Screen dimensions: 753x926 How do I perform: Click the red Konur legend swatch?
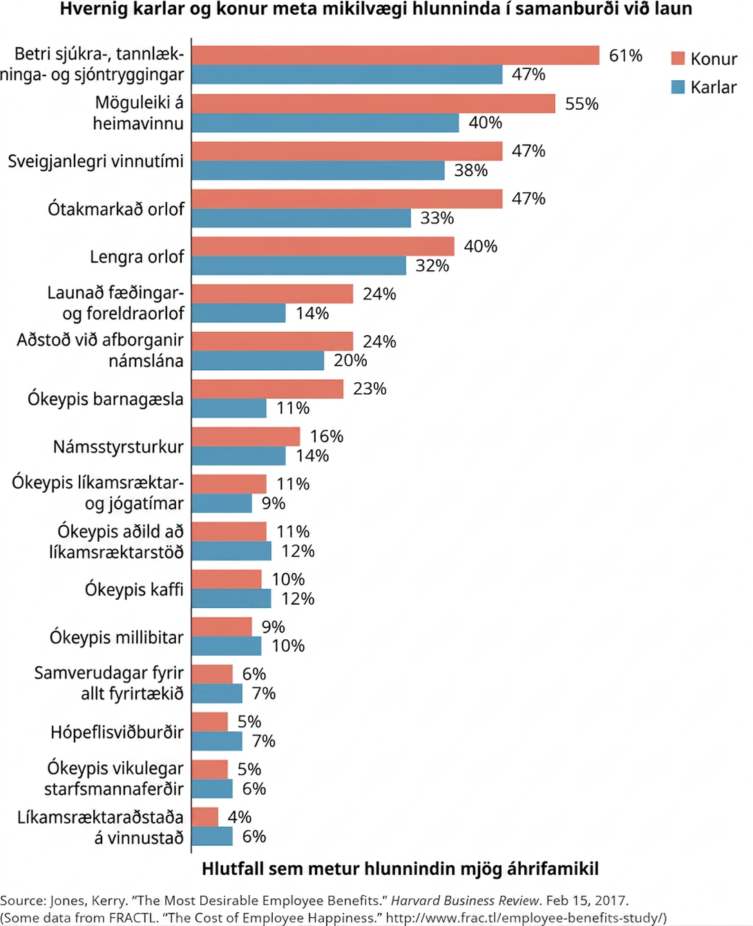678,58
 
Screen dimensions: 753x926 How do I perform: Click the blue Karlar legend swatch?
678,87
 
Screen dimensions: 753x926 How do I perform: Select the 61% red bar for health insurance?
395,55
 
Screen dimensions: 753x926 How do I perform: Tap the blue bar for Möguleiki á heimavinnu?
325,122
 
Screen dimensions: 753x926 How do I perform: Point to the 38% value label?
470,170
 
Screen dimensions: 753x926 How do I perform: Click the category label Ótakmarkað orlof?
116,209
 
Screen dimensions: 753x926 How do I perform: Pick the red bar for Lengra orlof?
323,246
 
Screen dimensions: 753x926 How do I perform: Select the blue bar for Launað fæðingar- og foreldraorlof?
238,312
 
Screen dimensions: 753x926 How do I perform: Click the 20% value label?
350,360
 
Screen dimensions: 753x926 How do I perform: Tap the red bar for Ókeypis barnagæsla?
267,388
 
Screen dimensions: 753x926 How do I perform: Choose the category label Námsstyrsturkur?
118,446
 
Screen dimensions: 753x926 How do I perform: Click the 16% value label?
326,436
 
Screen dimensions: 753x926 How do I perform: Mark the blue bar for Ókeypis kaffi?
231,598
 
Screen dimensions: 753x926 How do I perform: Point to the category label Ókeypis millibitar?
117,637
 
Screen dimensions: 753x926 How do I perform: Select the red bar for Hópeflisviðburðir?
209,721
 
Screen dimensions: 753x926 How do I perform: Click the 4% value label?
240,816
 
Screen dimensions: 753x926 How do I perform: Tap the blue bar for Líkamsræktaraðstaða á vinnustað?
212,836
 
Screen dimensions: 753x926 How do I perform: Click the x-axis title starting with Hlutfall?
400,869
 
